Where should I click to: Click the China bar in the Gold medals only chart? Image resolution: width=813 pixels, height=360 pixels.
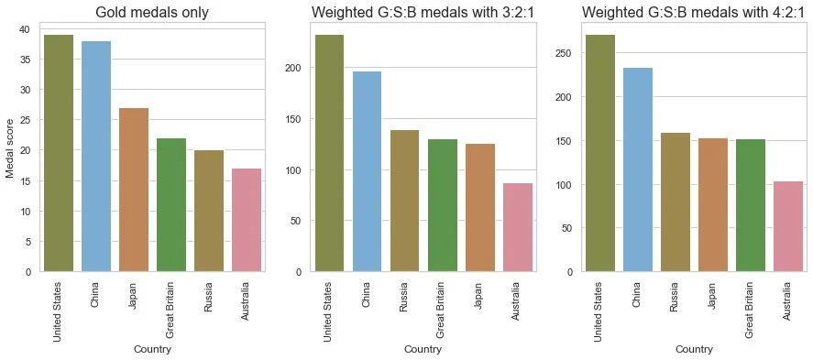coord(96,157)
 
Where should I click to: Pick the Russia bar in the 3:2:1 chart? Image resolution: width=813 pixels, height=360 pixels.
coord(405,201)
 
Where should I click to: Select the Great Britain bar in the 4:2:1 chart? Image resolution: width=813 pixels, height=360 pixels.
coord(749,205)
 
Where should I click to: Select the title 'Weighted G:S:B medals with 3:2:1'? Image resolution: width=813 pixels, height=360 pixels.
coord(423,13)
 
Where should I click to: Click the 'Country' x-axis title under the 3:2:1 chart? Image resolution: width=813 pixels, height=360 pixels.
coord(423,349)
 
